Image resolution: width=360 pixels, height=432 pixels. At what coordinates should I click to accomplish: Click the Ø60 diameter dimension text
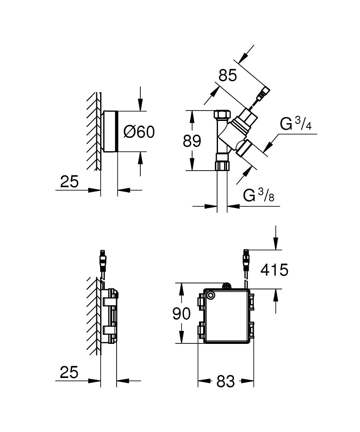point(139,132)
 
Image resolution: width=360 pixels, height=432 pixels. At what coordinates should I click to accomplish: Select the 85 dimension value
point(228,76)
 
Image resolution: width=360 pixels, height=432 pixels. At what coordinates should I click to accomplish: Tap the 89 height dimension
point(192,141)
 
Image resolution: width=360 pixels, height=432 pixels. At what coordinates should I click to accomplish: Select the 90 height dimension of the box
point(181,314)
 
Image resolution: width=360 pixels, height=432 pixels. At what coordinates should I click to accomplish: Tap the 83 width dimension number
point(226,381)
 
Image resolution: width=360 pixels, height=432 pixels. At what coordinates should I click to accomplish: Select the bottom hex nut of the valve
point(222,165)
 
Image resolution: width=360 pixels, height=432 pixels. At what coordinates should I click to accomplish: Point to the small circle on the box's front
point(211,295)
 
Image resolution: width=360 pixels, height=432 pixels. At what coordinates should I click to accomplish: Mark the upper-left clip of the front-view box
point(201,301)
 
